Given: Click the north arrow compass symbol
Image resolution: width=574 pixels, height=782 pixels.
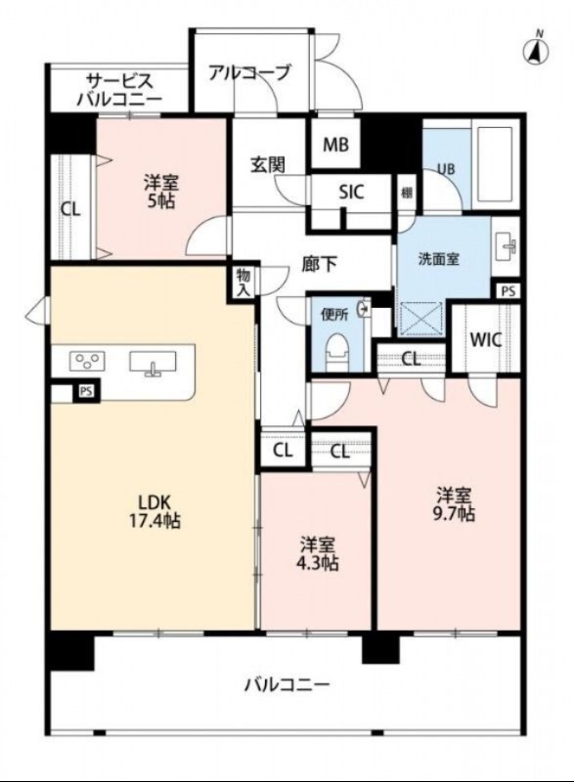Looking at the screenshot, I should [536, 49].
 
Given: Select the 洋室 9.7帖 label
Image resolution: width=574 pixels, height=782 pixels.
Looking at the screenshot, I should [456, 503].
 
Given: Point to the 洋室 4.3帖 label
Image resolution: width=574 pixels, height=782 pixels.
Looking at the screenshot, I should [319, 553].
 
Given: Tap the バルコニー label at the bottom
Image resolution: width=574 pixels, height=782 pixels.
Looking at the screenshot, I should [287, 684].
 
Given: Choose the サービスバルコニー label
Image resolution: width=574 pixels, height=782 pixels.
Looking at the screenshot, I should [121, 89].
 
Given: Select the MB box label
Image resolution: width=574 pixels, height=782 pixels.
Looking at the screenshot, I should [335, 146].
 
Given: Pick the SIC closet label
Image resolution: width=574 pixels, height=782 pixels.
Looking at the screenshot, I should [351, 193].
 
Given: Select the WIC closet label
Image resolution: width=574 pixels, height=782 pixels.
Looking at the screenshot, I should [485, 341].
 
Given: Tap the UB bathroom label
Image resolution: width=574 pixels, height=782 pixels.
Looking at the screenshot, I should [445, 168].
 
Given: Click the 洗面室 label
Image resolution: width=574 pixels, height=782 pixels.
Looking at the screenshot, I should [438, 260].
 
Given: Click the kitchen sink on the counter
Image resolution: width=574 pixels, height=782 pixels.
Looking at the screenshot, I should [152, 363].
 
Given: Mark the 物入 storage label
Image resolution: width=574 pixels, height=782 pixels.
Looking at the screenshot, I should [243, 282].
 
